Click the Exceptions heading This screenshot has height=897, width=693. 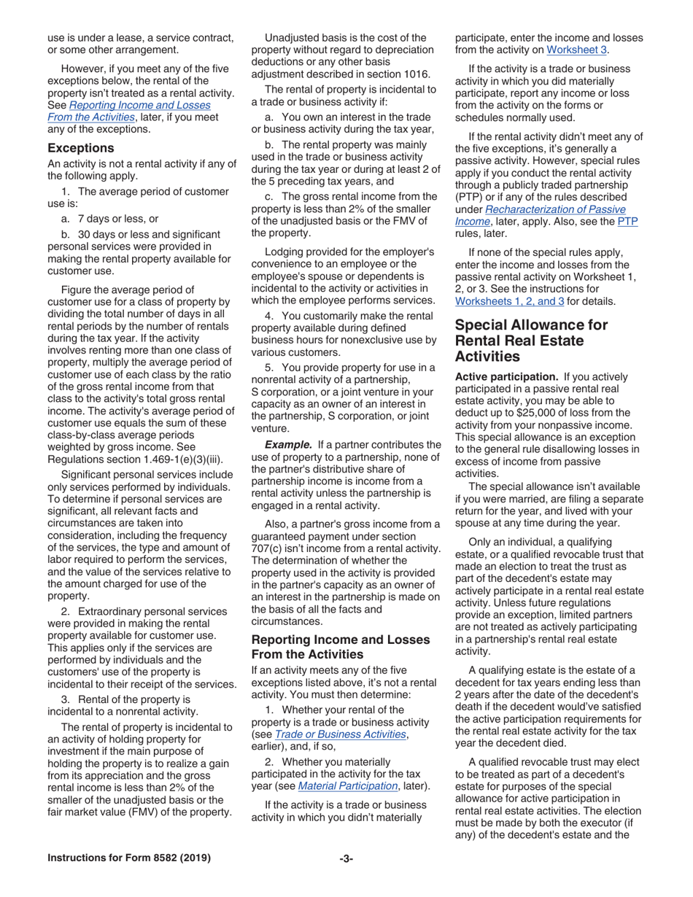tap(80, 147)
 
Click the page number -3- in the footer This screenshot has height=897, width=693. tap(346, 858)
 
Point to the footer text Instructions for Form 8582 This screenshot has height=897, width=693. tap(129, 858)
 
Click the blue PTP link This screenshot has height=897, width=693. tap(627, 221)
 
